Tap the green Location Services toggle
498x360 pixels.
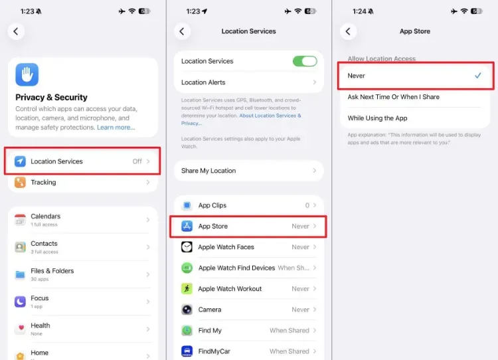click(x=305, y=61)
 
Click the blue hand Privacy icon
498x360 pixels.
click(x=27, y=74)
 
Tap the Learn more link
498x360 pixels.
click(x=116, y=128)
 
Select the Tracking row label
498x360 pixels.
click(x=43, y=183)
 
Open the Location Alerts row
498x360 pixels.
click(x=249, y=82)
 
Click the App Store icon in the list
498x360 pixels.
click(x=187, y=226)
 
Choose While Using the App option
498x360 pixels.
click(x=377, y=118)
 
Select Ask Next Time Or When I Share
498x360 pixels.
click(x=394, y=97)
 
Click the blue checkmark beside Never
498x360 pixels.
click(x=477, y=76)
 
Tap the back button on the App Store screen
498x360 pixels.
click(x=348, y=31)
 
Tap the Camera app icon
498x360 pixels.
click(x=187, y=310)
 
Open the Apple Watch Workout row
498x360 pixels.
click(x=249, y=289)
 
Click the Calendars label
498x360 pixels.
click(x=45, y=217)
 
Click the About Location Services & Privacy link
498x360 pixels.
click(x=241, y=120)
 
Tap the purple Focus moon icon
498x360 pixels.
click(x=21, y=302)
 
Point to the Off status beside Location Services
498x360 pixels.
click(x=137, y=161)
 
